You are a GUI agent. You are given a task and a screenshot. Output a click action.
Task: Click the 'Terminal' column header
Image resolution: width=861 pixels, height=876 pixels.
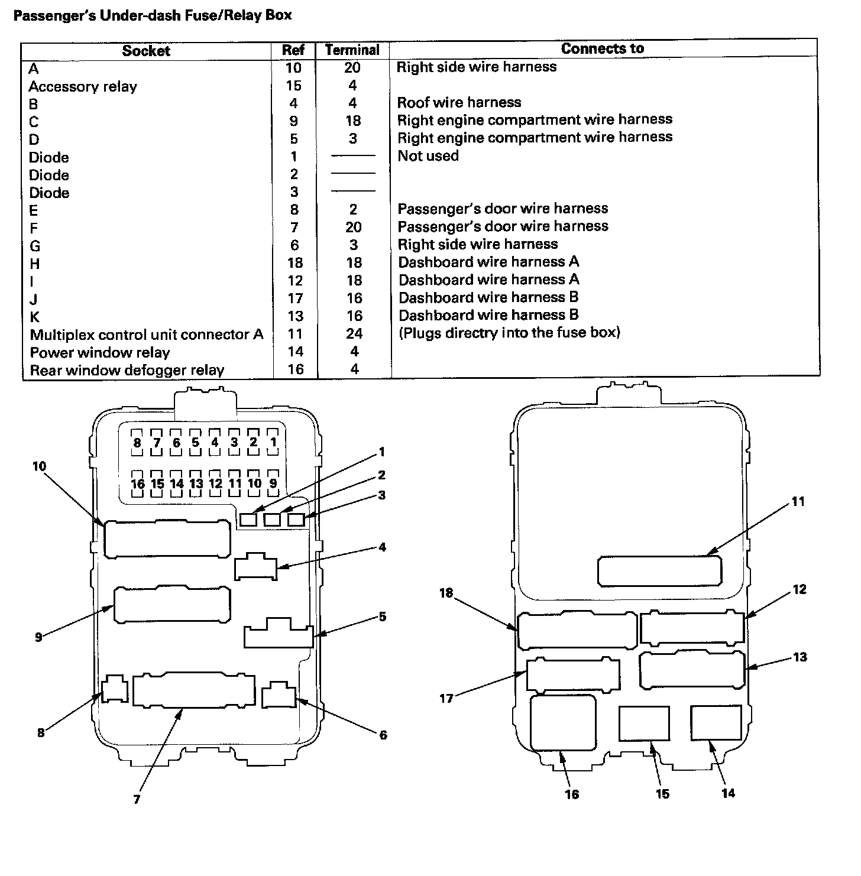352,50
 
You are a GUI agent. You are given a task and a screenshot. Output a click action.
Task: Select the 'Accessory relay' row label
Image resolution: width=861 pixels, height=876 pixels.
83,87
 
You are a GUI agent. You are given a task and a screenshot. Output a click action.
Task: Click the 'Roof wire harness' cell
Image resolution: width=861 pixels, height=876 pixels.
459,102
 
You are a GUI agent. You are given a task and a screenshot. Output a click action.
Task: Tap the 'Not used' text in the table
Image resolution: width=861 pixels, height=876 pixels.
428,156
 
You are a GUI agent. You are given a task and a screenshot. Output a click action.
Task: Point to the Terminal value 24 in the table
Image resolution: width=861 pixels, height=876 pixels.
354,334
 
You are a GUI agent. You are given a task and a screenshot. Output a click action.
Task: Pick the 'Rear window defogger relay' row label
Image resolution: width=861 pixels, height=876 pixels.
127,371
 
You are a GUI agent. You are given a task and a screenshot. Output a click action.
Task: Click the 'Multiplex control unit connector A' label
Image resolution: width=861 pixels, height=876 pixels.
147,335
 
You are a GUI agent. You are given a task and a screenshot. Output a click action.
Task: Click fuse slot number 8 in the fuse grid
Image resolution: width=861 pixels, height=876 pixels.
137,442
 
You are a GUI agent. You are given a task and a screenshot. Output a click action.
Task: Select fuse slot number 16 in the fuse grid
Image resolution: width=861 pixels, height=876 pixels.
137,484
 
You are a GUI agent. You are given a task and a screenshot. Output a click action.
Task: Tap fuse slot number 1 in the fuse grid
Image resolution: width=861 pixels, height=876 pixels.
273,442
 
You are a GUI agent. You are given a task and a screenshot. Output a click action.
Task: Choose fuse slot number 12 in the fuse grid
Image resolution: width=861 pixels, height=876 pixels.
215,484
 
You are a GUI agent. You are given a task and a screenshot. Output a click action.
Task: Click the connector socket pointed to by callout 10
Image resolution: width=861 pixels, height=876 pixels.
167,538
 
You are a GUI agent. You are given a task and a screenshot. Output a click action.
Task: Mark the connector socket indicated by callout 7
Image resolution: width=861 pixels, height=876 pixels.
194,689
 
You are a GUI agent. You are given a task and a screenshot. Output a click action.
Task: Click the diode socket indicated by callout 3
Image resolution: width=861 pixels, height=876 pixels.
296,520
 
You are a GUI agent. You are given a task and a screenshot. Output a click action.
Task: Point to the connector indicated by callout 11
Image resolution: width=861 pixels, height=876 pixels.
660,571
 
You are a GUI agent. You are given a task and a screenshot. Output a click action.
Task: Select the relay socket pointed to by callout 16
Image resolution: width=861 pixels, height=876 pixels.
563,722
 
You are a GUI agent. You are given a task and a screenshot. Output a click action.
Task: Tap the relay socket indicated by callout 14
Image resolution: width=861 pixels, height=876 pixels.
716,722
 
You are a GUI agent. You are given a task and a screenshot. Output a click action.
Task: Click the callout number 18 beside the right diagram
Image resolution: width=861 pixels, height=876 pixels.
446,593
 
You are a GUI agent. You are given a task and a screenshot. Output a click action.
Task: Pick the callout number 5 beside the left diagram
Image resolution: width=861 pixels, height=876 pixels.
383,617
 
